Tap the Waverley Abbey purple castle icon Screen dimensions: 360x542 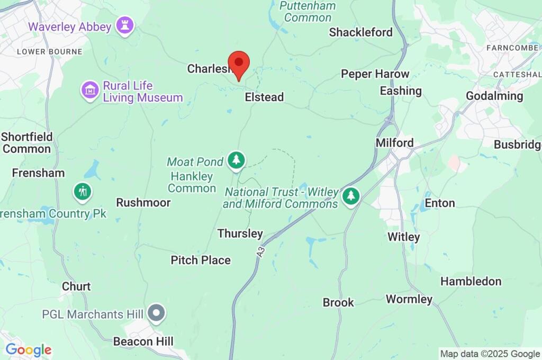[x=125, y=25]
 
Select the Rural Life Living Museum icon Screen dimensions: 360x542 [x=91, y=89]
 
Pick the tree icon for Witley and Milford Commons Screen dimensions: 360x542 [x=350, y=196]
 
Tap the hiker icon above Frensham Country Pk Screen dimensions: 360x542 [x=82, y=191]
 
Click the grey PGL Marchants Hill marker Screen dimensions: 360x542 [x=156, y=313]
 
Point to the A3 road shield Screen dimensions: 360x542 [x=260, y=253]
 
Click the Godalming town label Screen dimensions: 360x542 [x=494, y=96]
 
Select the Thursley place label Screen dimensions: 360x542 [x=240, y=233]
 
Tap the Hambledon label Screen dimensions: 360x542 [x=471, y=281]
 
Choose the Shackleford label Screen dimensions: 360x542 [x=360, y=32]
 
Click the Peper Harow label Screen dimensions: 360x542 [x=375, y=74]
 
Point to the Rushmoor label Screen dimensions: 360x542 [x=143, y=203]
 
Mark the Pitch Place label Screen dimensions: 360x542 [x=201, y=260]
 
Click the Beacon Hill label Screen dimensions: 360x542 [x=143, y=341]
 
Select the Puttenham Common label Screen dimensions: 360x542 [x=308, y=12]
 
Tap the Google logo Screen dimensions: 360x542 [x=28, y=350]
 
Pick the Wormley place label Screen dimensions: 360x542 [x=409, y=299]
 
